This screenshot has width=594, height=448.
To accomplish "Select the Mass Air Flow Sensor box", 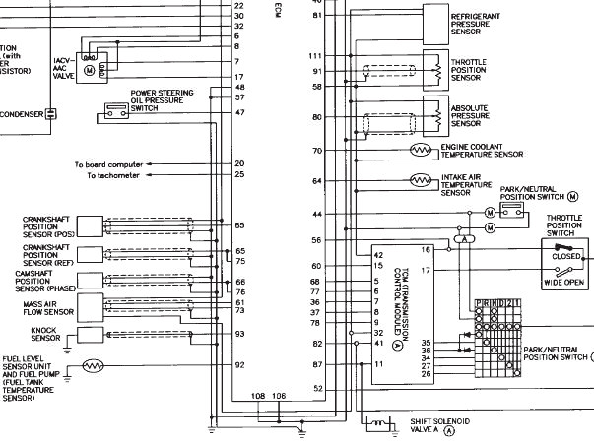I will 88,307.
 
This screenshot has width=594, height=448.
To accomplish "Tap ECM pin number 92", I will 239,364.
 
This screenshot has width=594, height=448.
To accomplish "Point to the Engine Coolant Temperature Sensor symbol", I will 422,150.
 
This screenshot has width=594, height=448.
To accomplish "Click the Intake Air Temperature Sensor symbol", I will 422,180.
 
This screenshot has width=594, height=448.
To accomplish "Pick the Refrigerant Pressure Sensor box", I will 434,21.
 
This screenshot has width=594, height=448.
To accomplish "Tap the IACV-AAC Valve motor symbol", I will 89,71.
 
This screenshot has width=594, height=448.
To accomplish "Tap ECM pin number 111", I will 316,55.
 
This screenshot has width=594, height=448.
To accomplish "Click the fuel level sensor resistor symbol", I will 93,365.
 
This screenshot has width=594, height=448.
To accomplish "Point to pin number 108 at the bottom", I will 258,396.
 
